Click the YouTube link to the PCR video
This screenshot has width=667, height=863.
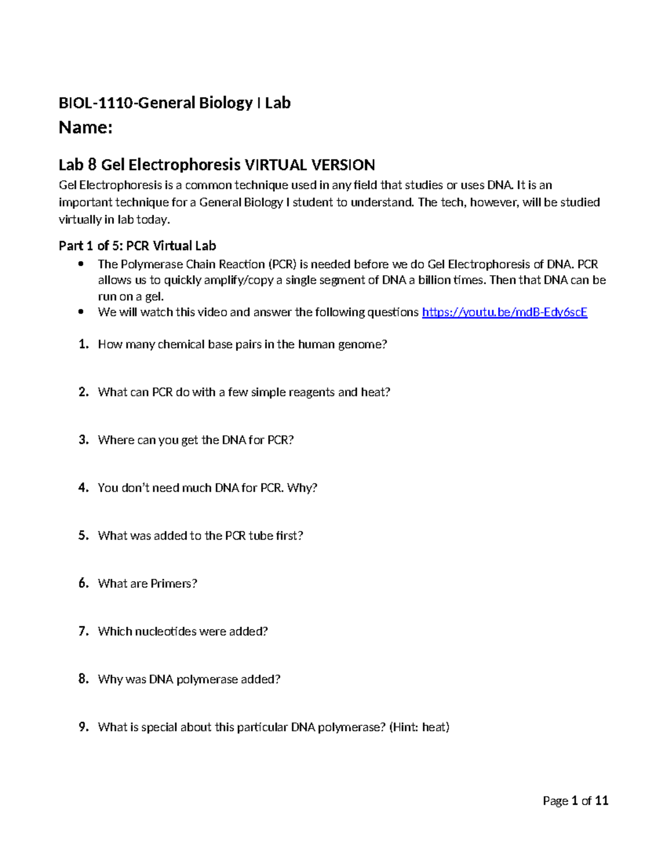[x=504, y=312]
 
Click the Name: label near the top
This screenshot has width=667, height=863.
[x=86, y=128]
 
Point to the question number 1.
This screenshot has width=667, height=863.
[x=83, y=345]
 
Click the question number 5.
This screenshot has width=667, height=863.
[x=83, y=536]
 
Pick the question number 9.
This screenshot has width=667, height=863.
[x=83, y=727]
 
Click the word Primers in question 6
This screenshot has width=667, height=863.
[x=174, y=583]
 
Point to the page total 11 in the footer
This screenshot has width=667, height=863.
[x=601, y=801]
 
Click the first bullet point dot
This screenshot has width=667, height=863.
[x=82, y=264]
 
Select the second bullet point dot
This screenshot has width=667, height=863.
[x=82, y=312]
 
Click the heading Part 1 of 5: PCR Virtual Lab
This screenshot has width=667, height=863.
[x=137, y=246]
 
